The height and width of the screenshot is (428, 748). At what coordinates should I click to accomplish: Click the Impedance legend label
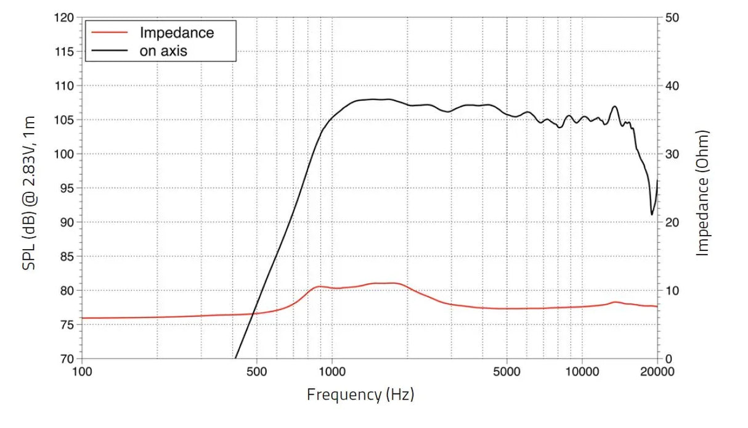177,32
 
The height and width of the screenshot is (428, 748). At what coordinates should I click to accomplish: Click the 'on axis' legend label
163,51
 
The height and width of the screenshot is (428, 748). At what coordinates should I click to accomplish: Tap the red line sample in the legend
110,32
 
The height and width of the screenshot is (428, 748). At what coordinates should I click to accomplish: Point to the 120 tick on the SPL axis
64,18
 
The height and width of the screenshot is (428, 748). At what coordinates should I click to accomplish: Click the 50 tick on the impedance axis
672,18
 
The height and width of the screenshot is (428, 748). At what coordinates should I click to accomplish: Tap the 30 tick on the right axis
672,154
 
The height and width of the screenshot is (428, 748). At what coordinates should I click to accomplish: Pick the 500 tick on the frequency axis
256,371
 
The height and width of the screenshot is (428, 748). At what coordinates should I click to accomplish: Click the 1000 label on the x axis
332,371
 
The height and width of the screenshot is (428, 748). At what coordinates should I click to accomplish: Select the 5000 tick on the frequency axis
506,371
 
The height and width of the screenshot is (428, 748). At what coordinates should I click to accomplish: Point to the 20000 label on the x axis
657,371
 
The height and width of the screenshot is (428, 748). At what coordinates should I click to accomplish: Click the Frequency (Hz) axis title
360,395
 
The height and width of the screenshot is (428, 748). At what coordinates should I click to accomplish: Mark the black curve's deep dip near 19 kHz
652,214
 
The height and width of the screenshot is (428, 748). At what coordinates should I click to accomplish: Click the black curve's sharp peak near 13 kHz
614,107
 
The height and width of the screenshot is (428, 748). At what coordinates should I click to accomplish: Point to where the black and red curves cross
254,314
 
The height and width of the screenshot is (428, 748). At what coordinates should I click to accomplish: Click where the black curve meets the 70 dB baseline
235,358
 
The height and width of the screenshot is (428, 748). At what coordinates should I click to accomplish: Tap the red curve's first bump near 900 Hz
319,286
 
